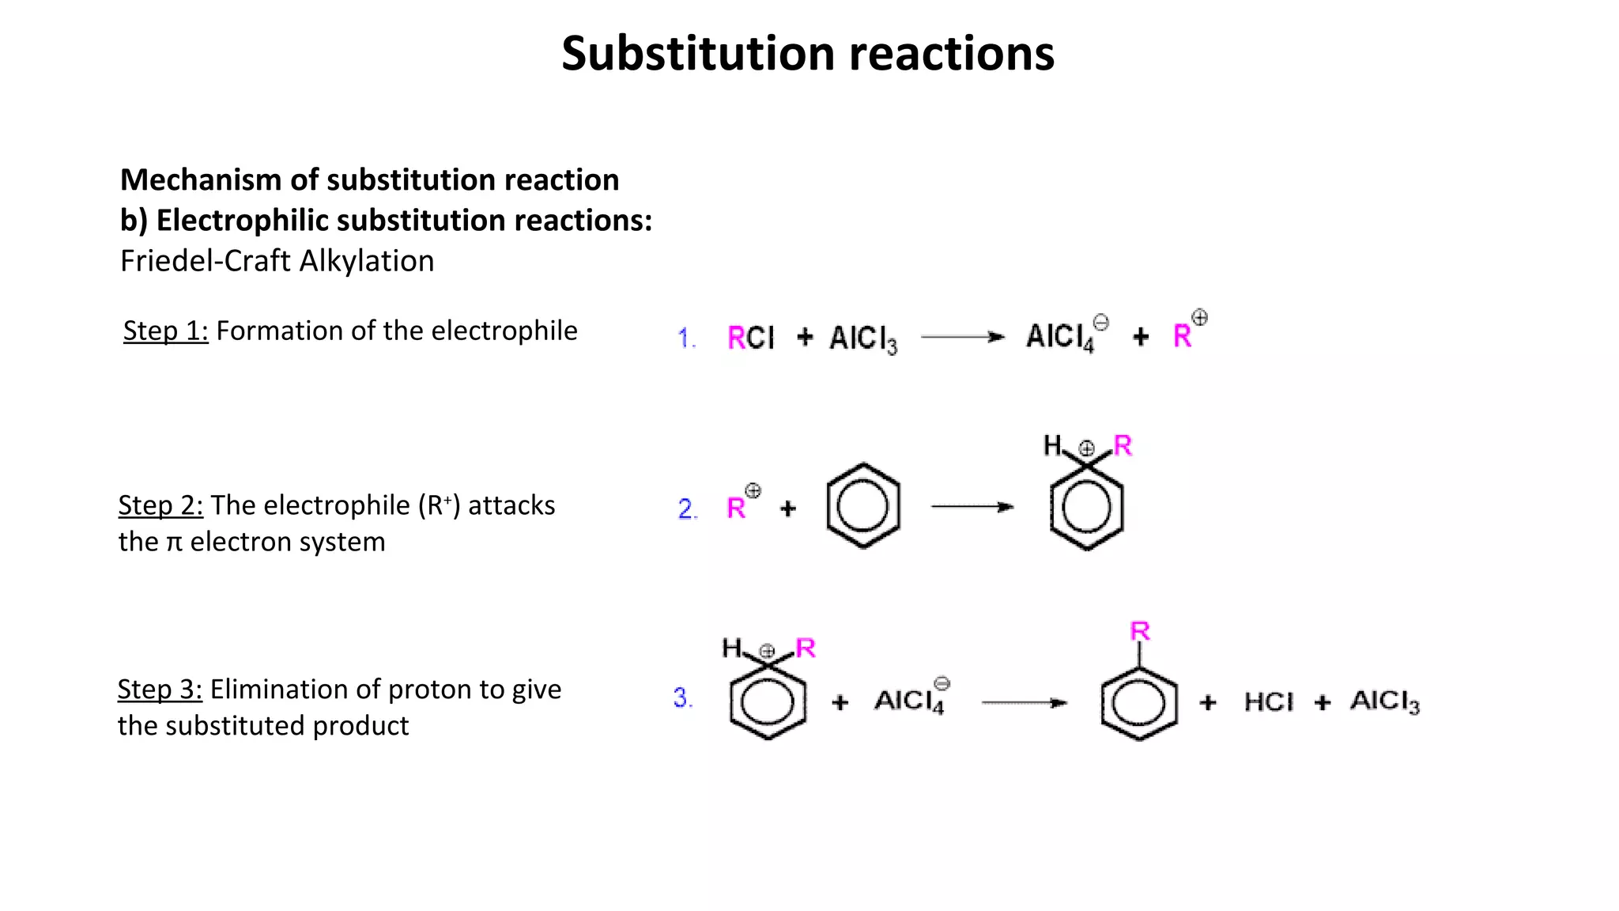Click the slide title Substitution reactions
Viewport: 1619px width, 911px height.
pyautogui.click(x=808, y=54)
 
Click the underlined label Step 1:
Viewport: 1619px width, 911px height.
pyautogui.click(x=165, y=331)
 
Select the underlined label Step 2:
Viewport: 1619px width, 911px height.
pyautogui.click(x=160, y=505)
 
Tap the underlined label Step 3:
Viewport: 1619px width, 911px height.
pyautogui.click(x=160, y=690)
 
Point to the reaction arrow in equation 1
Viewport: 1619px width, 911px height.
pyautogui.click(x=962, y=337)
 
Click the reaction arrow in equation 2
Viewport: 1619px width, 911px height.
pyautogui.click(x=972, y=507)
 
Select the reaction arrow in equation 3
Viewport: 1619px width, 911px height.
pyautogui.click(x=1024, y=702)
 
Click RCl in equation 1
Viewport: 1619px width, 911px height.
pyautogui.click(x=751, y=338)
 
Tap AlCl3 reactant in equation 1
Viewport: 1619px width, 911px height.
pyautogui.click(x=862, y=339)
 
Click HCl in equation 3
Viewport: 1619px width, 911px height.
pyautogui.click(x=1268, y=702)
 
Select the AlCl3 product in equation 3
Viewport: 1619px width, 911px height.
pyautogui.click(x=1384, y=701)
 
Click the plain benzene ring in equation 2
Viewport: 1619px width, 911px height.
pyautogui.click(x=862, y=506)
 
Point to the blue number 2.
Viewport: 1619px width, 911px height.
pyautogui.click(x=687, y=508)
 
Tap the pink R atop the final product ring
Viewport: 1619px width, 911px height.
pyautogui.click(x=1139, y=631)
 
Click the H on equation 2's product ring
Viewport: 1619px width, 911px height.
pyautogui.click(x=1052, y=445)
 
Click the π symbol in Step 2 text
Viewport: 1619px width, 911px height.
pyautogui.click(x=174, y=543)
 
